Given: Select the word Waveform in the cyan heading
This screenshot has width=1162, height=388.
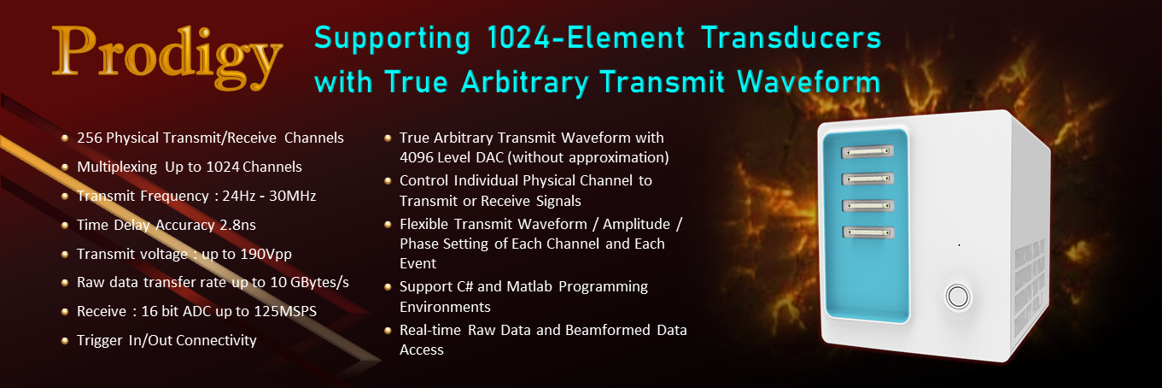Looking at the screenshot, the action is [809, 81].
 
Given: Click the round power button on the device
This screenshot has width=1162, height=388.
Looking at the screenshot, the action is [957, 297].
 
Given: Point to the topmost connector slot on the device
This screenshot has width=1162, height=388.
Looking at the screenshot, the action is [867, 151].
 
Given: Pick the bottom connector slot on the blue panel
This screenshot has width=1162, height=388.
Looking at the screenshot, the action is [867, 232].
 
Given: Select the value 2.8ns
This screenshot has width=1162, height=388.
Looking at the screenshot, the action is [237, 225].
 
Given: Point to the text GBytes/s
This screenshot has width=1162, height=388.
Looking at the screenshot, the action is [319, 283].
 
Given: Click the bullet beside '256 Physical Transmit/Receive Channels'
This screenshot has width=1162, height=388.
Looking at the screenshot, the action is [65, 138].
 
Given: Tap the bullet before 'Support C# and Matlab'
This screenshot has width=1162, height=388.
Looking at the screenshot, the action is [388, 286].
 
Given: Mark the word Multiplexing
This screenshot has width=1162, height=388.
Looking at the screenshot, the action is [117, 168].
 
